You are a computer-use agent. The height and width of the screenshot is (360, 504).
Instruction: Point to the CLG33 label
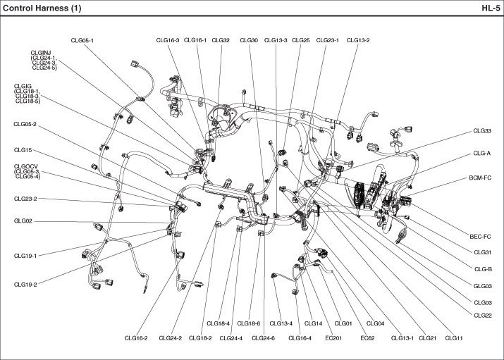click(482, 131)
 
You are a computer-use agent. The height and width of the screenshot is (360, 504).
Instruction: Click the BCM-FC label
click(479, 178)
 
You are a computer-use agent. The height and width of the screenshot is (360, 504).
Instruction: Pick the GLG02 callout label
click(23, 221)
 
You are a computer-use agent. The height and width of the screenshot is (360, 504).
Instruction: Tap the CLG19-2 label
click(25, 285)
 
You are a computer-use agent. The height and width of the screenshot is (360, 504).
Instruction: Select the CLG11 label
click(454, 338)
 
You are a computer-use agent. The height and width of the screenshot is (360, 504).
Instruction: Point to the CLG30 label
click(249, 40)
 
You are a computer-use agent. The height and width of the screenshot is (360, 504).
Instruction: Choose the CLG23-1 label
click(328, 40)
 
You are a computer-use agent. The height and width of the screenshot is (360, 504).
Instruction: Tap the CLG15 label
click(23, 150)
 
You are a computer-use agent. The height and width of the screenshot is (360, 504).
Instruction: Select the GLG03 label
click(482, 286)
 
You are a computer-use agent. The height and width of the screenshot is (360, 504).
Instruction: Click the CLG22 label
click(483, 315)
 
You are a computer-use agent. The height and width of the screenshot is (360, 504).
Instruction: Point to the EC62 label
click(367, 338)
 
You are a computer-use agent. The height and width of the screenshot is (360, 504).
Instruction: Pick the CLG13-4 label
click(281, 323)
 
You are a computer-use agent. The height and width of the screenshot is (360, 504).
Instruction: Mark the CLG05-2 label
click(25, 124)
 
